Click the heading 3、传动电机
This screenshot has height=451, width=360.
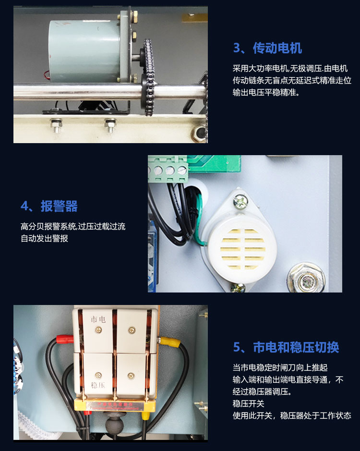[267, 48]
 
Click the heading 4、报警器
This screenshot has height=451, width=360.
[49, 206]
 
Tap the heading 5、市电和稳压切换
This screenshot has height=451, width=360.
[286, 347]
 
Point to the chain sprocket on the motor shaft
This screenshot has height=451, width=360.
[148, 78]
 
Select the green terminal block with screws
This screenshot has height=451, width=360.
[168, 169]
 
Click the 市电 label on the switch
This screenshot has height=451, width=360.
[98, 319]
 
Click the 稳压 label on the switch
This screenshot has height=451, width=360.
[98, 385]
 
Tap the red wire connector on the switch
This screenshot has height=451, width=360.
[65, 339]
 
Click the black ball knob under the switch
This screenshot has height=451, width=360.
[114, 423]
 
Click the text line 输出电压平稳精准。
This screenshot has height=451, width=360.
[266, 92]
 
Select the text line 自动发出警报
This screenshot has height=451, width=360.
[44, 238]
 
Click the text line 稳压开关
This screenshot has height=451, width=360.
[249, 403]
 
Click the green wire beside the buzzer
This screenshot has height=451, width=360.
[198, 219]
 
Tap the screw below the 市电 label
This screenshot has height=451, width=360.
[98, 330]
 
